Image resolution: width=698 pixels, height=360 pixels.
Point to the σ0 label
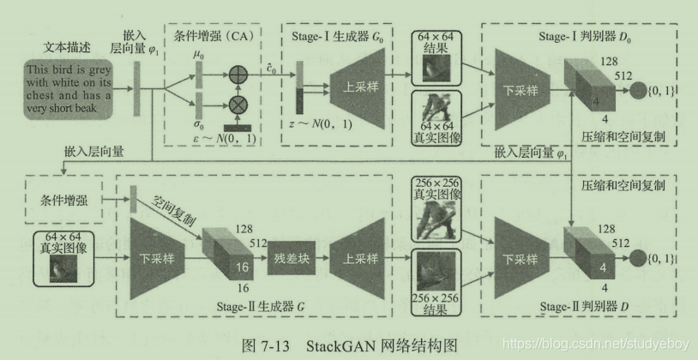coord(199,123)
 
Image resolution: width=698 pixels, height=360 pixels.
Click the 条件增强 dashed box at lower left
coord(63,201)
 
